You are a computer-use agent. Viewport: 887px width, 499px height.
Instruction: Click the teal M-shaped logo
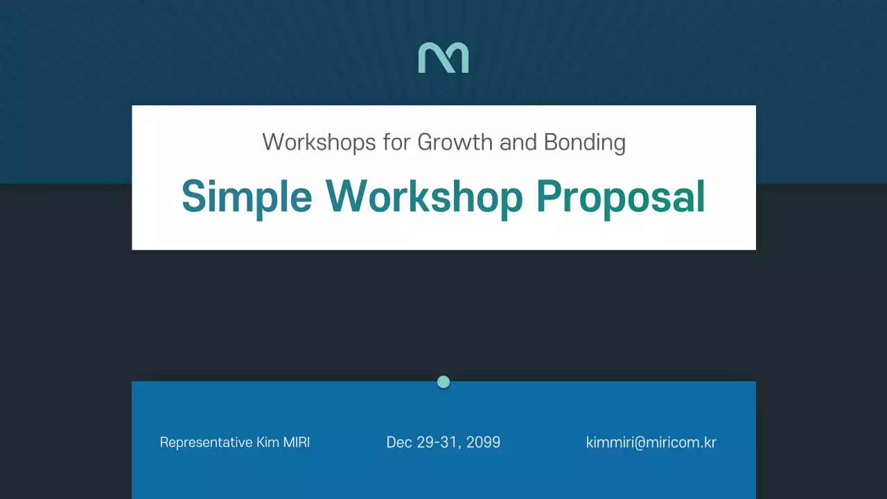[443, 58]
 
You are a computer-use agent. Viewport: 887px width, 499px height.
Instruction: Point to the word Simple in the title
[247, 197]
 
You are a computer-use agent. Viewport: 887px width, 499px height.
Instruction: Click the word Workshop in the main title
[424, 197]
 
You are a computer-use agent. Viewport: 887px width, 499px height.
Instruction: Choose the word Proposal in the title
[620, 197]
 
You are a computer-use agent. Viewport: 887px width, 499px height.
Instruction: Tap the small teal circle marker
[443, 382]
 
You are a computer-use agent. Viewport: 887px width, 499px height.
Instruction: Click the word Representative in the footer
[206, 443]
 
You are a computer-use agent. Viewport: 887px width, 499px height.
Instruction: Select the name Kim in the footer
[268, 443]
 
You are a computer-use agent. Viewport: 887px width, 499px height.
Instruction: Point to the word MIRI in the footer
[297, 443]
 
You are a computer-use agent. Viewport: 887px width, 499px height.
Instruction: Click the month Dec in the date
[399, 443]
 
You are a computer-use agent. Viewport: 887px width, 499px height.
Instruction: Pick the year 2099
[484, 443]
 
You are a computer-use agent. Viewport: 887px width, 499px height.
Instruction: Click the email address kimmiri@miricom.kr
[651, 443]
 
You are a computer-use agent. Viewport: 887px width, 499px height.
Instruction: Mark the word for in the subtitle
[398, 143]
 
